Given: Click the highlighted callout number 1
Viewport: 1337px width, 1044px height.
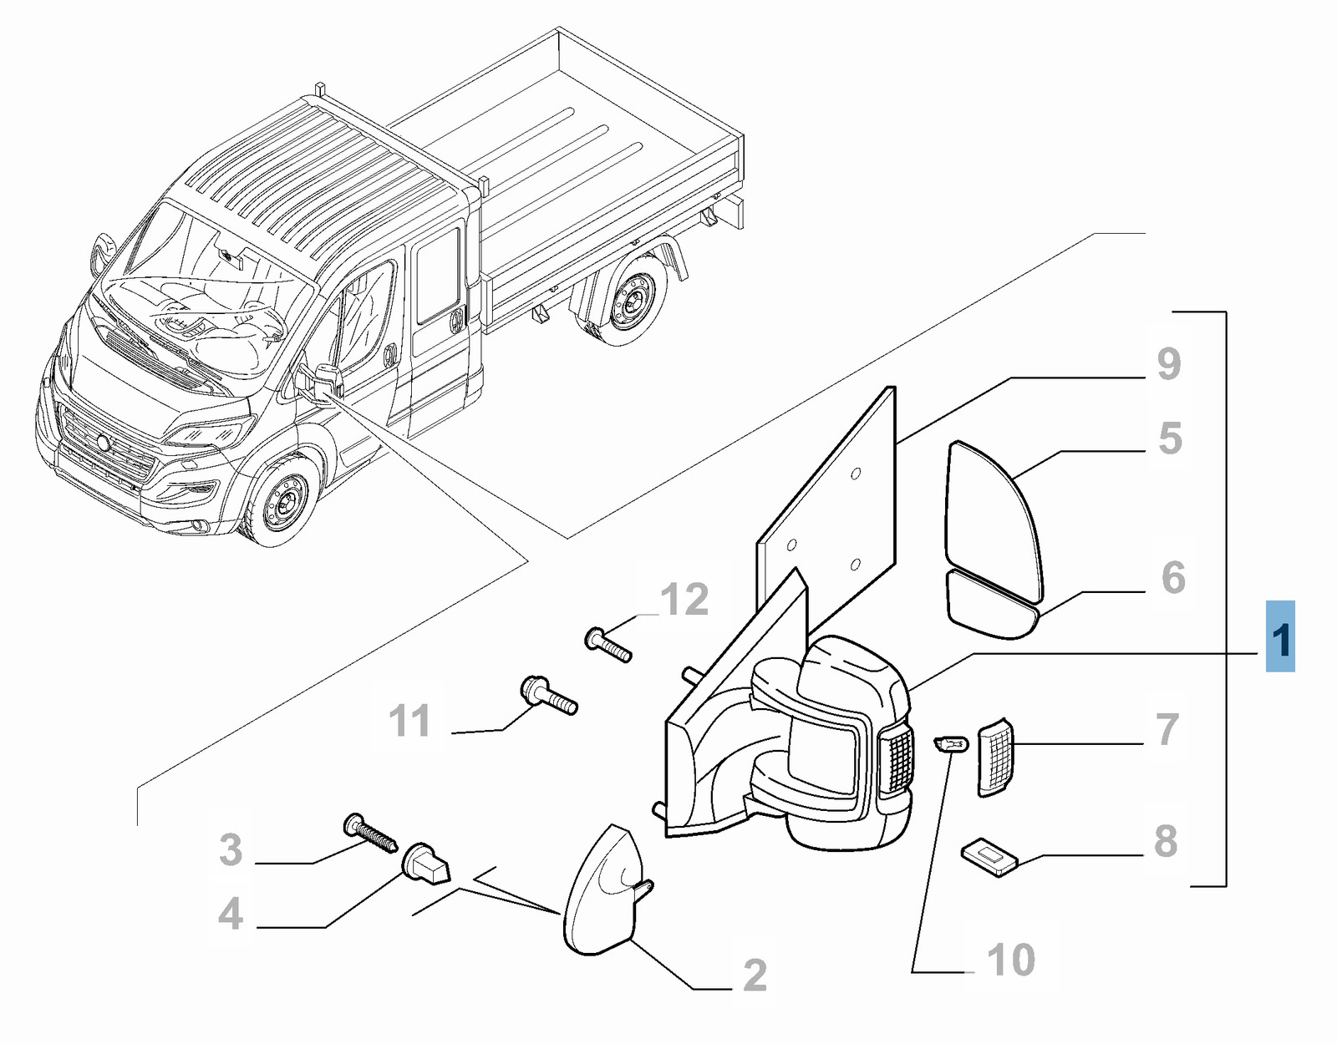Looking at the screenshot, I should pyautogui.click(x=1280, y=637).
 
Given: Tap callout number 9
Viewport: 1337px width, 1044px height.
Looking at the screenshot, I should pyautogui.click(x=1169, y=364).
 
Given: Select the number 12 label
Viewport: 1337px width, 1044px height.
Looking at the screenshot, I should pyautogui.click(x=684, y=600).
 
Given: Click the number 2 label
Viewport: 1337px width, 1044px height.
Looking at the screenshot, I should pyautogui.click(x=755, y=975).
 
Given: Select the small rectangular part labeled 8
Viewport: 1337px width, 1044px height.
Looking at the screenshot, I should pyautogui.click(x=990, y=857).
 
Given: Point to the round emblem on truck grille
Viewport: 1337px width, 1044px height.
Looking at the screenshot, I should pyautogui.click(x=102, y=443).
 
